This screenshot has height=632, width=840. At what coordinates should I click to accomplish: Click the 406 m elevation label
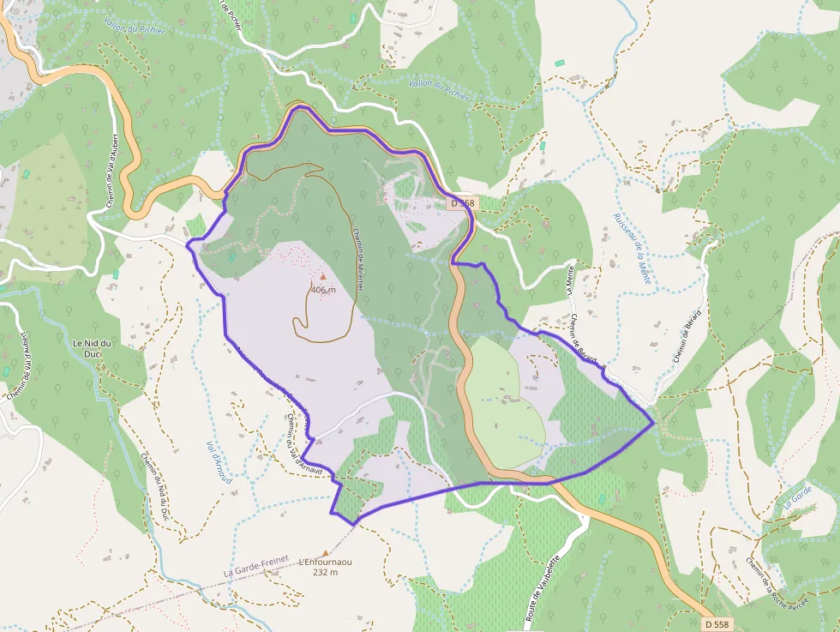pos(323,290)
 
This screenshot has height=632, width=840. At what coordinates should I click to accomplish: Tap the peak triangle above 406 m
pos(323,277)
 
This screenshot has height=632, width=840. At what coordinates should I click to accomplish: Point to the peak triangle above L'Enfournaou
pos(325,553)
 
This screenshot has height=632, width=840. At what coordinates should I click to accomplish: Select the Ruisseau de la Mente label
pos(633,248)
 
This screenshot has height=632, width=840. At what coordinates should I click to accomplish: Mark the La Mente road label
pos(570,281)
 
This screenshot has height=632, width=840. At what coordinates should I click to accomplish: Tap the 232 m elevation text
pos(325,572)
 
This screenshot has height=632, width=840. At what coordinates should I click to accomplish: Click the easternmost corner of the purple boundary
pos(654,422)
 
